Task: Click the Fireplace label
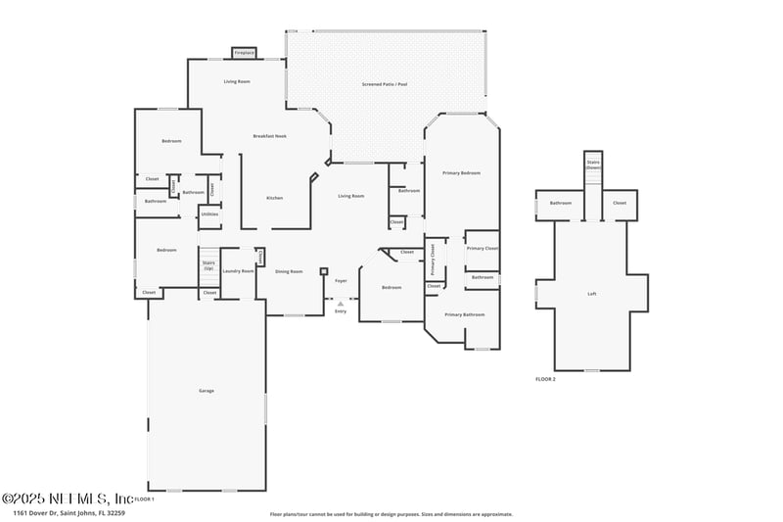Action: (244, 53)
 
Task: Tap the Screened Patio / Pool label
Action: (384, 85)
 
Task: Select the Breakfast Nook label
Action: (269, 136)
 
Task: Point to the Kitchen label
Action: (275, 198)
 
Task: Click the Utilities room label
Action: (209, 214)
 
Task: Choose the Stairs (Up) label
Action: (208, 265)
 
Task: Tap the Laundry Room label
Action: (238, 271)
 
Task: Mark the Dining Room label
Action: (288, 271)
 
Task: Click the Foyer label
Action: (341, 281)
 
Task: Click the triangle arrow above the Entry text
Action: (341, 304)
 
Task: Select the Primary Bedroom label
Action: (461, 172)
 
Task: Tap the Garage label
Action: (207, 391)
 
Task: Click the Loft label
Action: (591, 294)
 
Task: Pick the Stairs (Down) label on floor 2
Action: (593, 165)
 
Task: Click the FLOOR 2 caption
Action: (545, 378)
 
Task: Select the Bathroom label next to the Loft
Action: (560, 203)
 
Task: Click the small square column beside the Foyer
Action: (323, 271)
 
